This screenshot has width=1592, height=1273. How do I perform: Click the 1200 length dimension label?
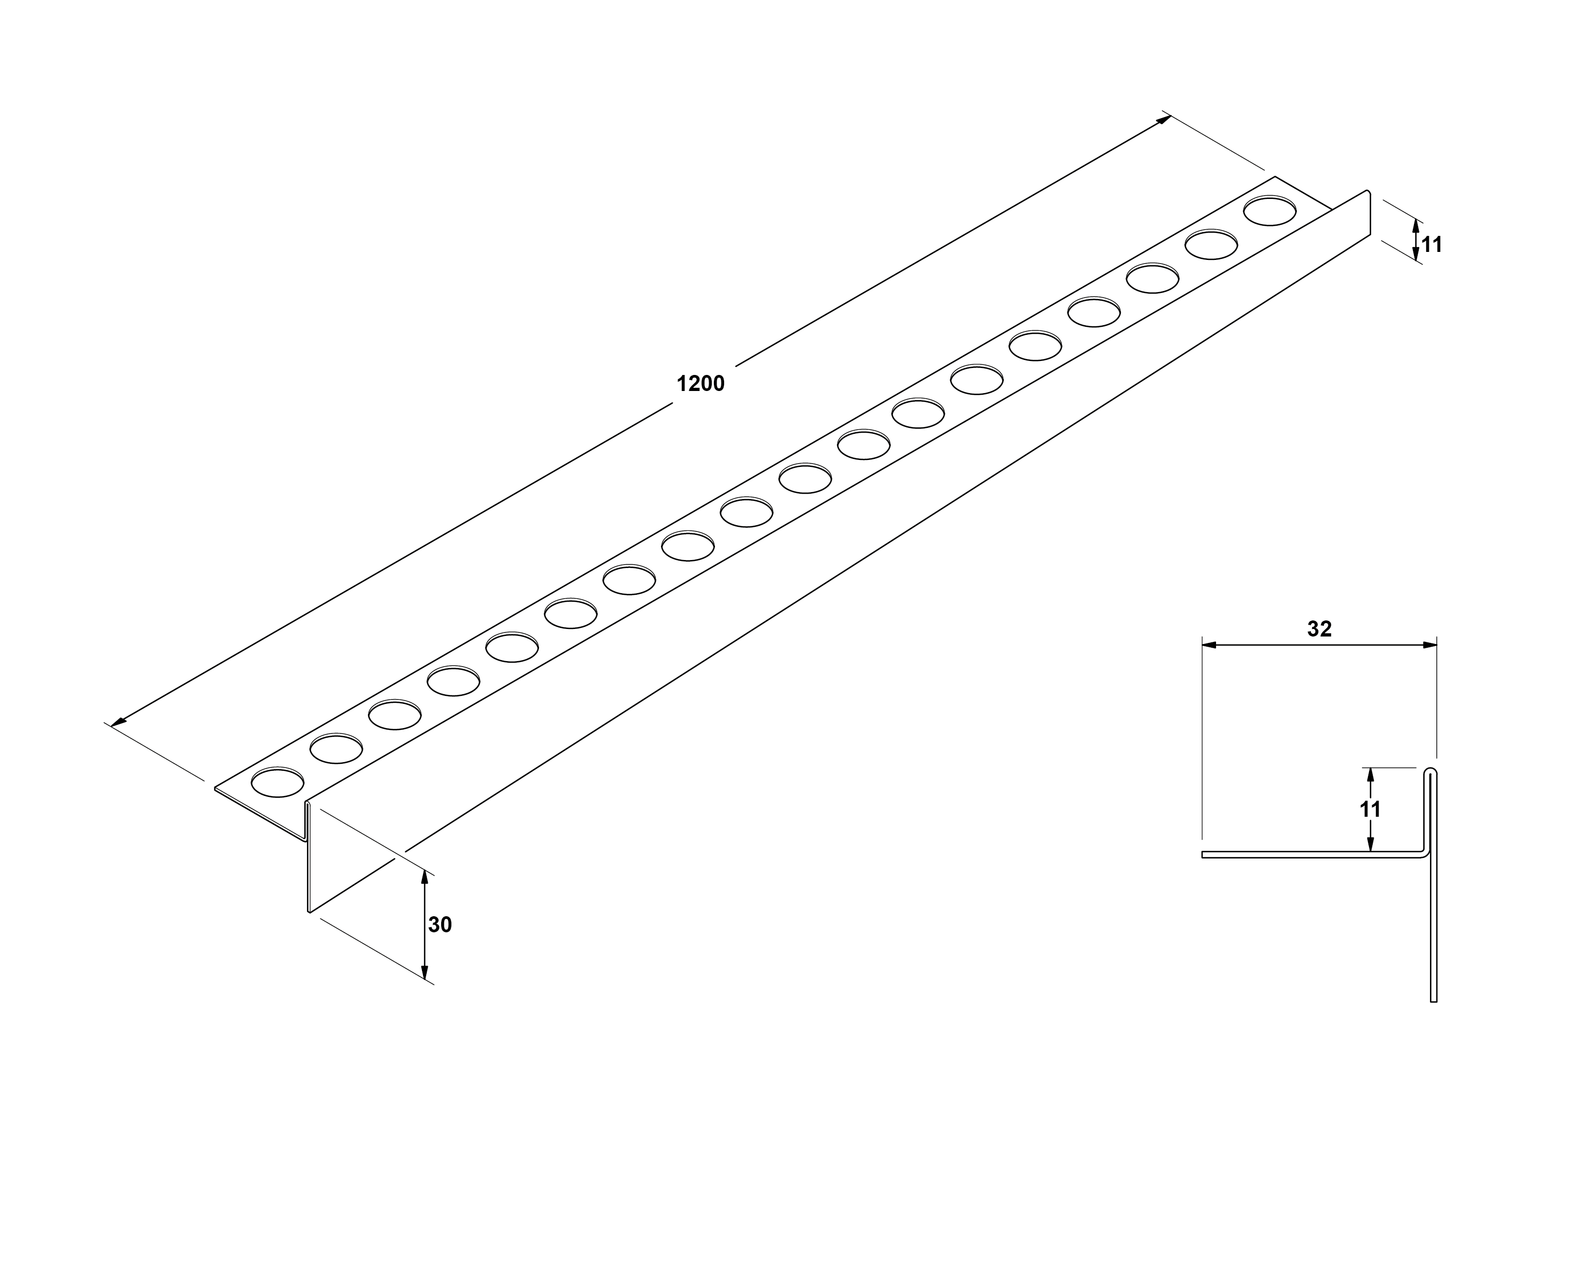coord(700,384)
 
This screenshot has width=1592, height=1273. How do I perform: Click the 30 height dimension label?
coord(440,924)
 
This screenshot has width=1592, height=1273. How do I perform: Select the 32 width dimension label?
coord(1319,628)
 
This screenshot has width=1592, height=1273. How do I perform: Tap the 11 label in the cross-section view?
coord(1371,809)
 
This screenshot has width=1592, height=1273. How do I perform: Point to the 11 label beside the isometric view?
coord(1432,244)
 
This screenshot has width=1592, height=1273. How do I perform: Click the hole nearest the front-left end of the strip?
coord(278,782)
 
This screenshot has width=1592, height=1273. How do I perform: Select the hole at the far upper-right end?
coord(1270,210)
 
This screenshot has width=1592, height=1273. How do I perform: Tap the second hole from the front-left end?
coord(336,748)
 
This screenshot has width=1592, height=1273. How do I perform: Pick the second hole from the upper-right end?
coord(1211,244)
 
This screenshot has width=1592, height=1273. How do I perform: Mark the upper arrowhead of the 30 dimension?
coord(425,877)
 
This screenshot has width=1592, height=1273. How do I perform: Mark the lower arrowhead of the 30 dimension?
coord(425,972)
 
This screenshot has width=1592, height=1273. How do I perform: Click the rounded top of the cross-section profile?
coord(1431,770)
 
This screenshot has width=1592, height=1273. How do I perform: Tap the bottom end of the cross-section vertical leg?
coord(1433,1001)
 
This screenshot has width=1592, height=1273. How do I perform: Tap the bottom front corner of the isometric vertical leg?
coord(309,912)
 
